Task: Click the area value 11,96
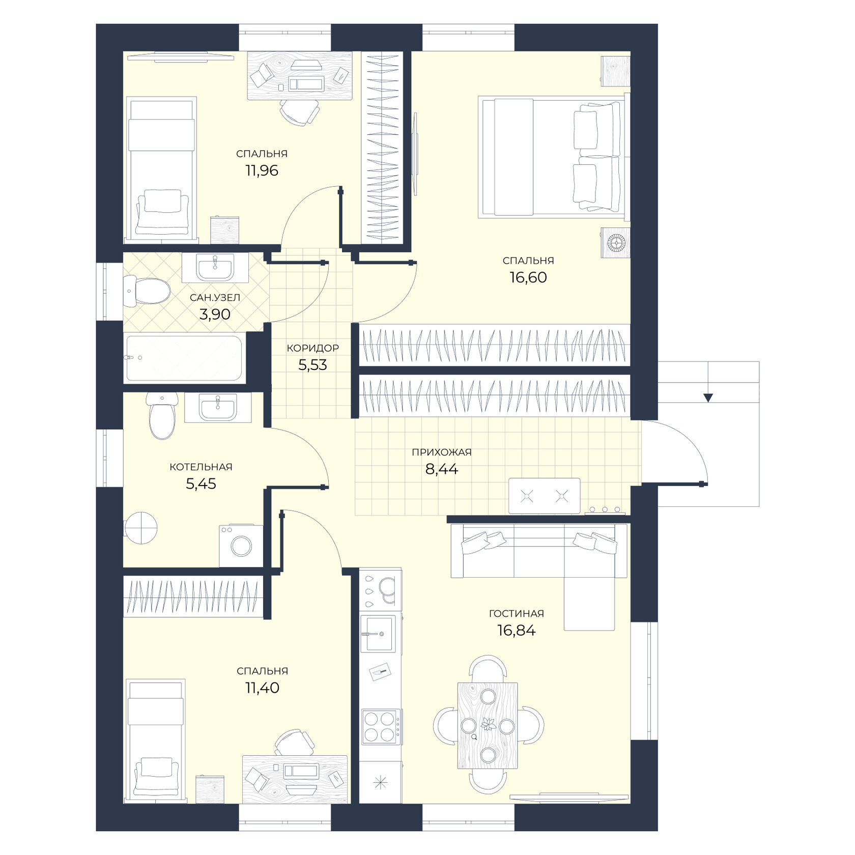[x=262, y=170]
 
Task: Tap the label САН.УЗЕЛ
[x=215, y=297]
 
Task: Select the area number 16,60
[x=528, y=277]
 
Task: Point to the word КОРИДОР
[x=312, y=348]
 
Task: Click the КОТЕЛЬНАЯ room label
[x=201, y=467]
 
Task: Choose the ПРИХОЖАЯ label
[x=442, y=452]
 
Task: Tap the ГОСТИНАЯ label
[x=517, y=614]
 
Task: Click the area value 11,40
[x=262, y=688]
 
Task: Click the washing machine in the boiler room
[x=241, y=546]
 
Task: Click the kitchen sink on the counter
[x=378, y=634]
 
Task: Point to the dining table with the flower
[x=488, y=725]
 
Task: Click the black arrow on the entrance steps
[x=708, y=397]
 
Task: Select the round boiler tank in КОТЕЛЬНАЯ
[x=140, y=529]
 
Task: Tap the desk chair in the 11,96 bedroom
[x=300, y=111]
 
